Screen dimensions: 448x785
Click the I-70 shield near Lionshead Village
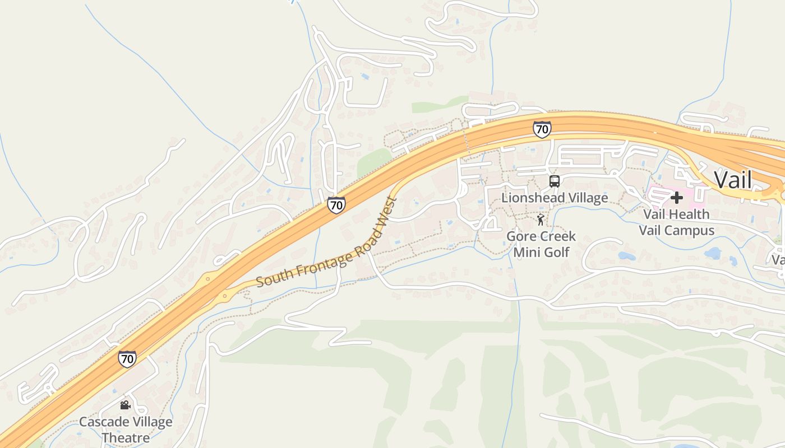(542, 129)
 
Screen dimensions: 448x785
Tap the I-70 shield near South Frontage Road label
(336, 205)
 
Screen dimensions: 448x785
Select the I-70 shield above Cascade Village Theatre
(127, 358)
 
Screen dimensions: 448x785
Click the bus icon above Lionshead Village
(555, 181)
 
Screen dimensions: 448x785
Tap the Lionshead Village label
(555, 198)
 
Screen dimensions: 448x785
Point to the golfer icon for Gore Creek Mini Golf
(541, 220)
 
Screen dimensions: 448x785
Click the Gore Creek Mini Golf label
(541, 244)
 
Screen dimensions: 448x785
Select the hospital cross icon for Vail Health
(677, 197)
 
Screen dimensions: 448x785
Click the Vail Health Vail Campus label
(677, 222)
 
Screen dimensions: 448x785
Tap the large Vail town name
(733, 180)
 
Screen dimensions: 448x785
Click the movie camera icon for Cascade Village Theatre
(125, 405)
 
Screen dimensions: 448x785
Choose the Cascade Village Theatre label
(126, 430)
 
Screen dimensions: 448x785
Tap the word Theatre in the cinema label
(126, 438)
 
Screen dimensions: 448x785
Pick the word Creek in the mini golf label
(558, 236)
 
